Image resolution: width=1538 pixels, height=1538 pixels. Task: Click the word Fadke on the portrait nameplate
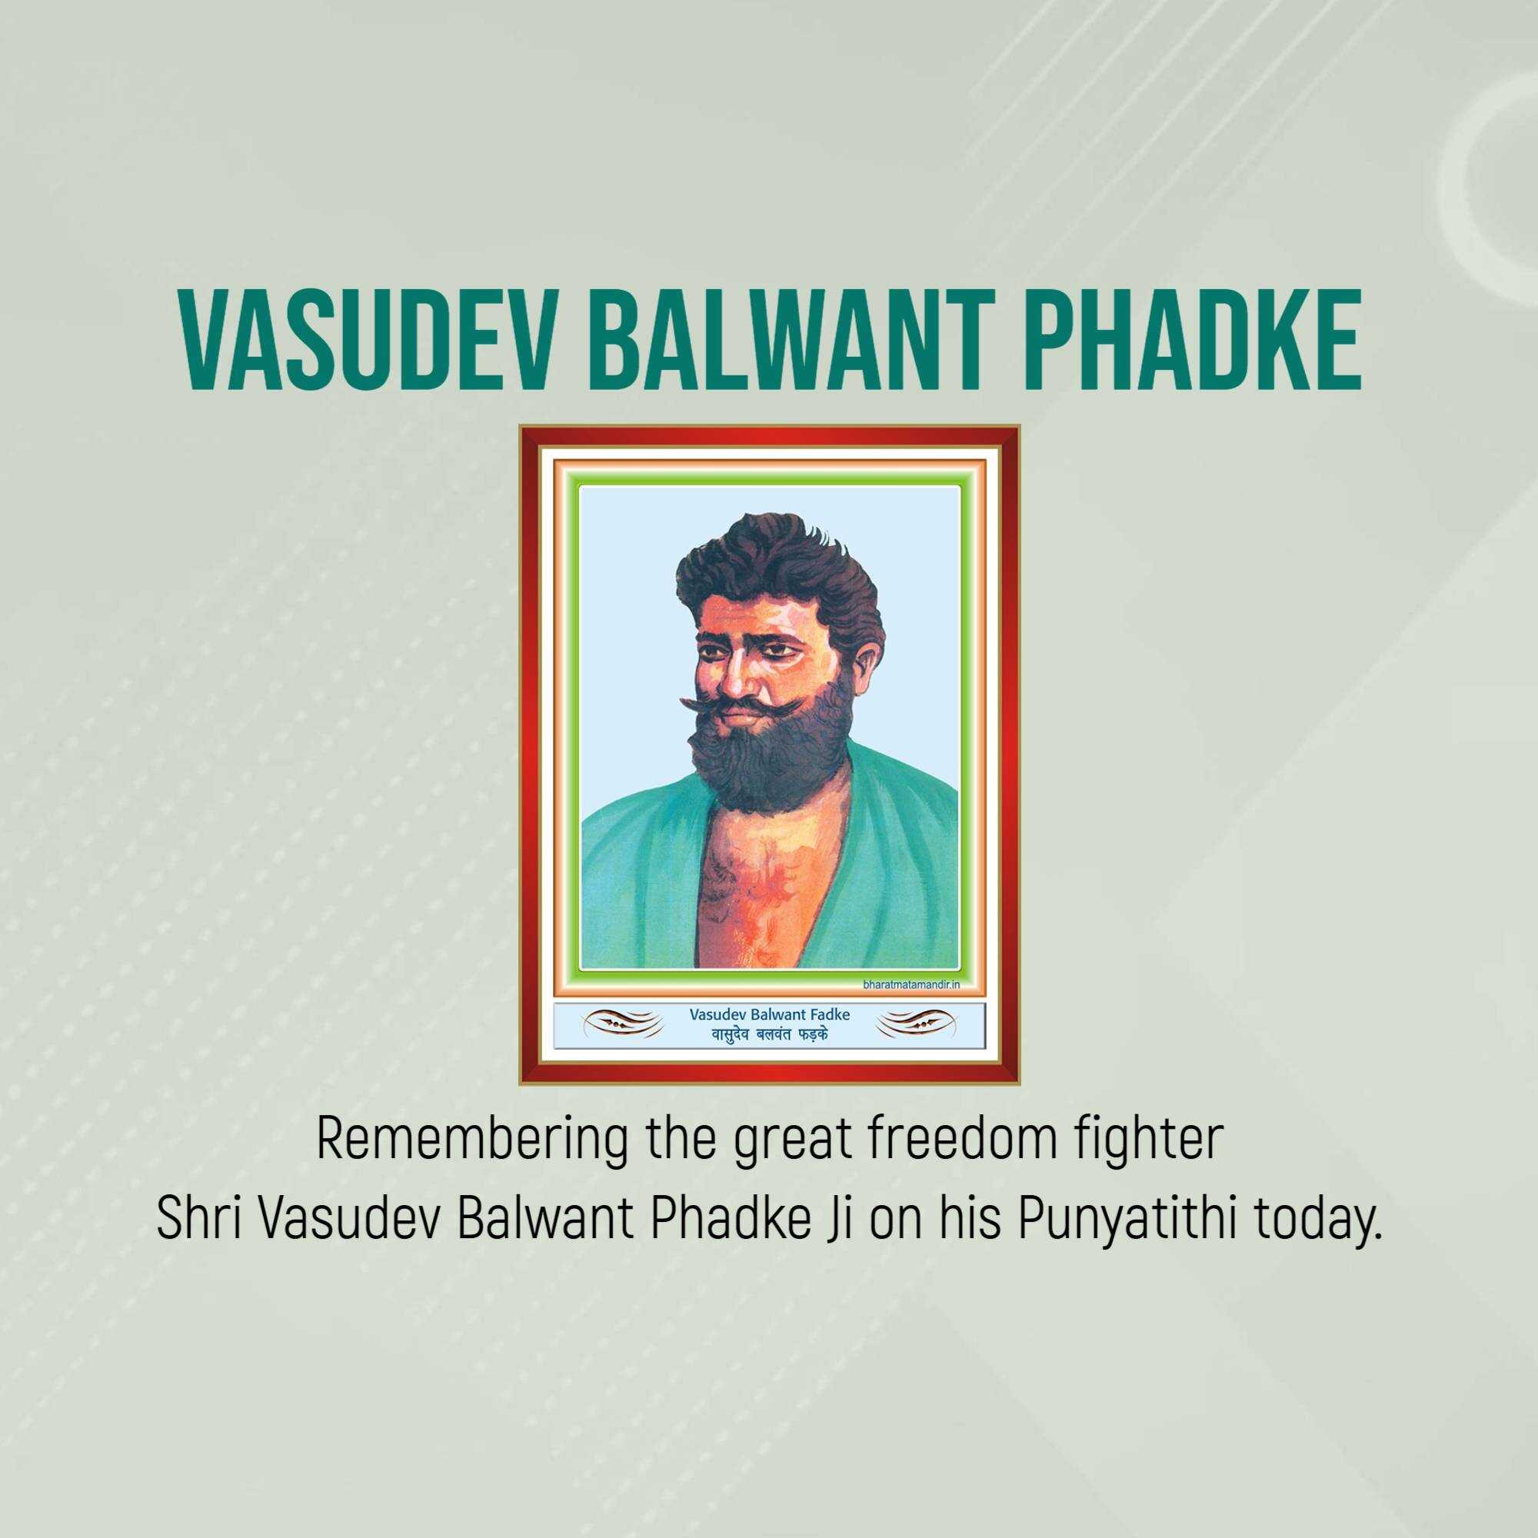point(831,1014)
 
